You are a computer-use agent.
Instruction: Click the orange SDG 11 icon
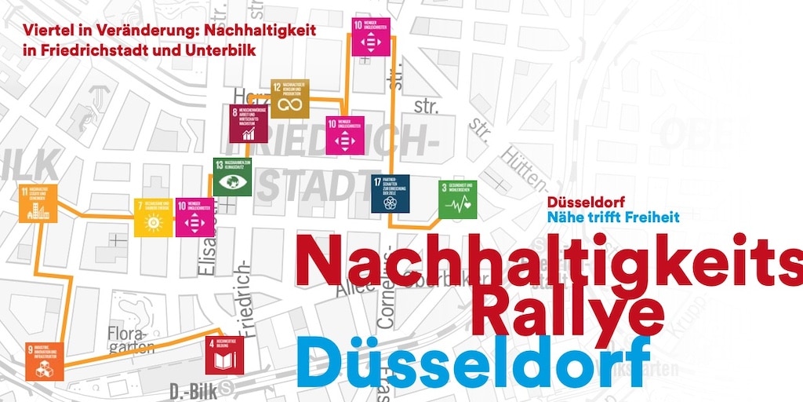click(x=38, y=204)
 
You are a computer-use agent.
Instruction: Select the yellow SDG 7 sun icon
click(x=153, y=217)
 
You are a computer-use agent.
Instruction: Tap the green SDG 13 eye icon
click(x=232, y=177)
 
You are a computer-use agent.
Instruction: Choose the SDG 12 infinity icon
click(x=290, y=99)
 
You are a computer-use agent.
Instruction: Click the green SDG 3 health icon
click(x=457, y=200)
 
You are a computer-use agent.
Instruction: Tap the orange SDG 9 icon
click(x=44, y=361)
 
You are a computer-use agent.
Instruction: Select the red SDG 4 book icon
click(x=225, y=356)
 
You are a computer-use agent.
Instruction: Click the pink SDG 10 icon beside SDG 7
click(x=194, y=217)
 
